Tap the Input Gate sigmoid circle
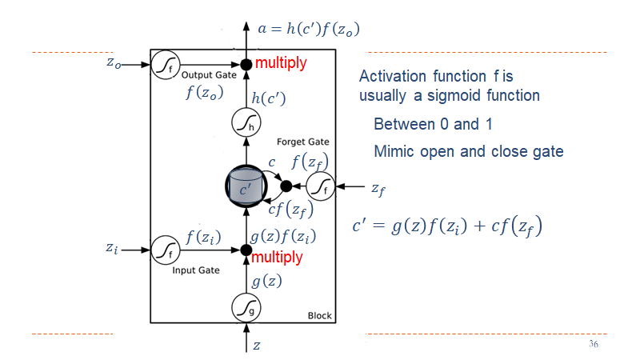(165, 250)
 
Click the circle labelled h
(246, 123)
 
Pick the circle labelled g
(246, 306)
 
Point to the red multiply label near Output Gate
(281, 63)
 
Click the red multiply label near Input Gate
(278, 258)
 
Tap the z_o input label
(114, 64)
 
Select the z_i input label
(114, 249)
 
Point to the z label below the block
(256, 346)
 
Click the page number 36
(593, 344)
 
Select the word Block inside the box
(319, 316)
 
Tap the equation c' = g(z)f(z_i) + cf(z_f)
(448, 226)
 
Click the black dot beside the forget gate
(286, 186)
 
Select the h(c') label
(269, 99)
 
